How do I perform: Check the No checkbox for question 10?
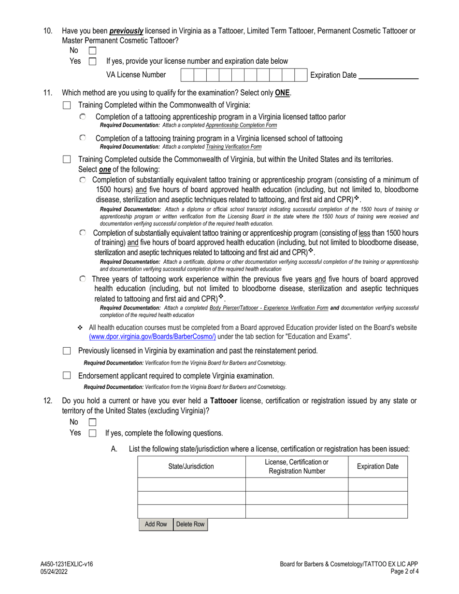point(92,51)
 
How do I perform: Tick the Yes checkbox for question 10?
point(92,61)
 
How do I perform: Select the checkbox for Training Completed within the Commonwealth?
point(67,105)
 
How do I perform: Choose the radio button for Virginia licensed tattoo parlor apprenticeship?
point(83,117)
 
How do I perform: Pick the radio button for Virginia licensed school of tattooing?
point(83,138)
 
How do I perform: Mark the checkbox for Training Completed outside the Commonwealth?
point(67,159)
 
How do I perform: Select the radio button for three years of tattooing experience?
point(83,279)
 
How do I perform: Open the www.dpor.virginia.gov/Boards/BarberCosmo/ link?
point(152,336)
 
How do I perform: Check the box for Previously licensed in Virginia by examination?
point(67,351)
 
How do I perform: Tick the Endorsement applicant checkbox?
point(67,375)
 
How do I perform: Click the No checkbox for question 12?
point(92,422)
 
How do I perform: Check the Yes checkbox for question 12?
point(92,433)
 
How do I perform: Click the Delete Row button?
point(190,524)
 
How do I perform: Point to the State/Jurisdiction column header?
point(191,467)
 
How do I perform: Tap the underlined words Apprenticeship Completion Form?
point(241,125)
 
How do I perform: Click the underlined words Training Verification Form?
point(233,147)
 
